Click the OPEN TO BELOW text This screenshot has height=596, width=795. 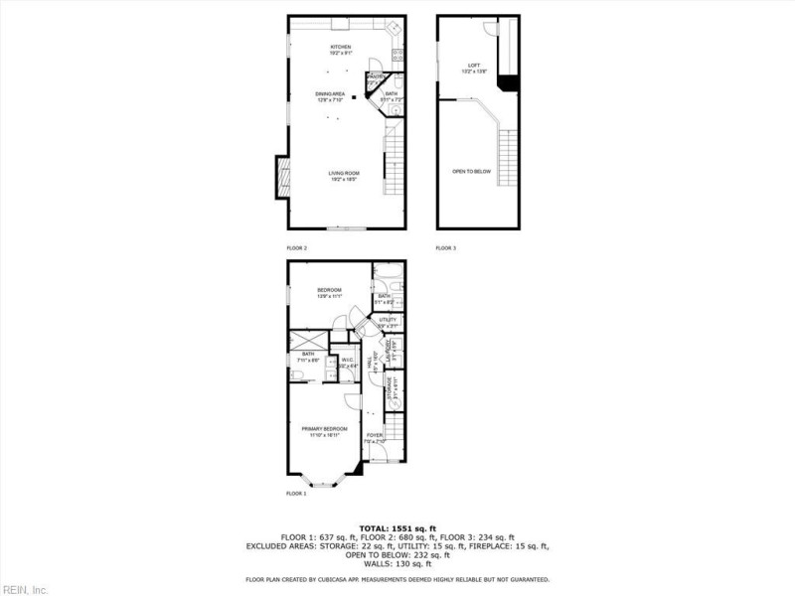click(472, 172)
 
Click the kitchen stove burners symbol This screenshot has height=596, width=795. click(397, 56)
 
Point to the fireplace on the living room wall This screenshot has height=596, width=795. click(282, 178)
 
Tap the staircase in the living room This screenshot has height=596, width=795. click(396, 164)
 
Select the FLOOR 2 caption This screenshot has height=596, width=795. click(297, 246)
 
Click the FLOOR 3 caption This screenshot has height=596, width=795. click(446, 246)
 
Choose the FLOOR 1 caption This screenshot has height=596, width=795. click(296, 493)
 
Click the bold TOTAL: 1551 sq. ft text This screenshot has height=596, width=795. click(397, 527)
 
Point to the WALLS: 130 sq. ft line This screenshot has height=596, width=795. click(397, 563)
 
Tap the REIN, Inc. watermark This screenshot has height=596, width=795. click(25, 589)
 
